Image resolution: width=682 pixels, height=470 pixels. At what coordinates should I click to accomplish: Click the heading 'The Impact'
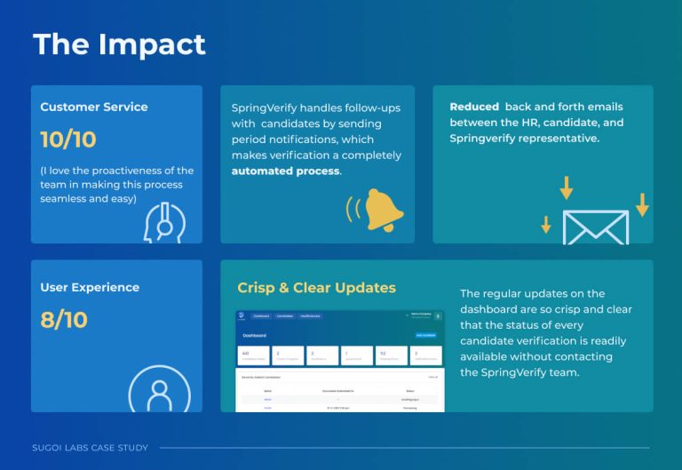[119, 44]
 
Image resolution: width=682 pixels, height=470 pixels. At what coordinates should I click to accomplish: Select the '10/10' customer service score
[68, 139]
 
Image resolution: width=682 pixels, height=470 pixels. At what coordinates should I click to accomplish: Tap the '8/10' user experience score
[64, 320]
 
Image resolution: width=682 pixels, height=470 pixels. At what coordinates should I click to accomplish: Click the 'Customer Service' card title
[94, 107]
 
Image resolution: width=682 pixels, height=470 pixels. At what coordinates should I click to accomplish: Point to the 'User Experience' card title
[90, 287]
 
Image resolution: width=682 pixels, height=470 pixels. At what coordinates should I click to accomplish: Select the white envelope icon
[595, 227]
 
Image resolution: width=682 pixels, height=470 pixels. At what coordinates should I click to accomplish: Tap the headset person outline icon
[164, 223]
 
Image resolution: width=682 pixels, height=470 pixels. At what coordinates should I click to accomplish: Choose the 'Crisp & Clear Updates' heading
[316, 287]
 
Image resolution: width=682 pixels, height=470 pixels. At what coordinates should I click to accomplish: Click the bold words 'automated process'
[285, 171]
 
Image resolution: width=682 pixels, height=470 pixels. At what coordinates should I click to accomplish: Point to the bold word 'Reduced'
[474, 107]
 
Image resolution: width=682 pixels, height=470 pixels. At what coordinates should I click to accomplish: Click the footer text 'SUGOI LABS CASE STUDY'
[90, 448]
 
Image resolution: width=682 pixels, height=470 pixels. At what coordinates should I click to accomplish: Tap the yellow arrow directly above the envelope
[566, 188]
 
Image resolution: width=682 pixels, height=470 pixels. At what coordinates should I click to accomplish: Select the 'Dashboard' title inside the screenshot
[256, 335]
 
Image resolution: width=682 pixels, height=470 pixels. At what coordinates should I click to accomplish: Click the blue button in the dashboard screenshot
[427, 335]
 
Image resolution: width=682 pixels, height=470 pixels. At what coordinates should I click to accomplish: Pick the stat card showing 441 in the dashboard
[253, 355]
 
